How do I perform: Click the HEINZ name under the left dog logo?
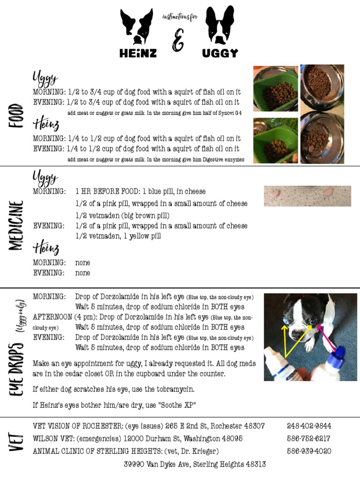pyautogui.click(x=138, y=53)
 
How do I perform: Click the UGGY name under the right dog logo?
pyautogui.click(x=220, y=53)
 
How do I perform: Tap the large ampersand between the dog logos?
pyautogui.click(x=178, y=40)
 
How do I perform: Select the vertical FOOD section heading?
pyautogui.click(x=16, y=115)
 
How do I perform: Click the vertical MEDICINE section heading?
pyautogui.click(x=16, y=225)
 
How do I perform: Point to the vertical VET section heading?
pyautogui.click(x=16, y=442)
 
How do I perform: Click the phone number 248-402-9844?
pyautogui.click(x=309, y=426)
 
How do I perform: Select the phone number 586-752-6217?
pyautogui.click(x=308, y=438)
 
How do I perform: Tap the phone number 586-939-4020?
pyautogui.click(x=309, y=451)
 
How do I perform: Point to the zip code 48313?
pyautogui.click(x=256, y=464)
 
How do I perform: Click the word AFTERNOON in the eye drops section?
pyautogui.click(x=52, y=317)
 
